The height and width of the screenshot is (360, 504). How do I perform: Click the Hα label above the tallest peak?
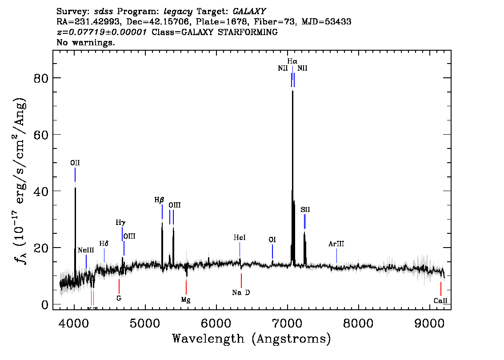tap(292, 61)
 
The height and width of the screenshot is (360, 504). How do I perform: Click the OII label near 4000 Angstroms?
tap(75, 163)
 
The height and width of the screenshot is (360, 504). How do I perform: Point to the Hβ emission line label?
tap(160, 200)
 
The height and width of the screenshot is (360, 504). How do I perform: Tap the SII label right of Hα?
tap(305, 209)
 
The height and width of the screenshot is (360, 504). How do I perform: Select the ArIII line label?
tap(336, 244)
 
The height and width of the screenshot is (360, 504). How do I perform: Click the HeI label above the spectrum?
tap(240, 238)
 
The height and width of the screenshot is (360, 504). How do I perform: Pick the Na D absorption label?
tap(241, 292)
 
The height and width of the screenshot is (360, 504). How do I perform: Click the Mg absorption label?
tap(186, 300)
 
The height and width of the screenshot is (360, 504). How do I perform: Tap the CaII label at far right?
tap(440, 301)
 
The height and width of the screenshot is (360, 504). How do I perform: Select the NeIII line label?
tap(86, 250)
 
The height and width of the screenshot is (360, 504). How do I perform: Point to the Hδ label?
tap(104, 244)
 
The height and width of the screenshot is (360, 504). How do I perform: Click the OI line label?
tap(272, 240)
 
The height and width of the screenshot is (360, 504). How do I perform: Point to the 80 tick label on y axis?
tap(40, 78)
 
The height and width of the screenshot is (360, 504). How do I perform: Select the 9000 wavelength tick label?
tap(430, 321)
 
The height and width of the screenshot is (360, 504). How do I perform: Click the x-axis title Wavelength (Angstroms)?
tap(252, 339)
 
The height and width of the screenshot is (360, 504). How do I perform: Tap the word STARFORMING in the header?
tap(251, 32)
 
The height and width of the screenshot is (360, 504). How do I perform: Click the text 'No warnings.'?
tap(86, 43)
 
